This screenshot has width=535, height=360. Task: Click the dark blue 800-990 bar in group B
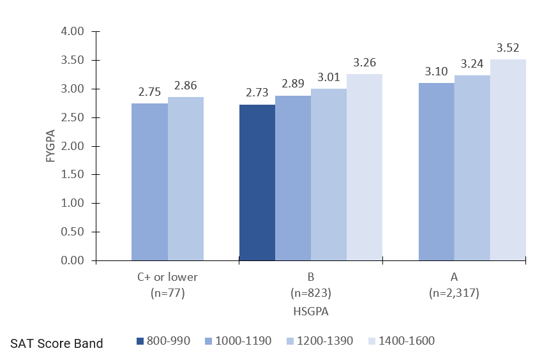coord(257,183)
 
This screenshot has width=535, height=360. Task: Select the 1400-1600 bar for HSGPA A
coord(508,160)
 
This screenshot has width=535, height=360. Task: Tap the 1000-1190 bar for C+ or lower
coord(149,182)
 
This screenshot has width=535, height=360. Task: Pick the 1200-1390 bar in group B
coord(329,174)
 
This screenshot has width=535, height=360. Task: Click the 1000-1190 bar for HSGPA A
coord(437,172)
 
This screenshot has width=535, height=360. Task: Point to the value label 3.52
coord(508,48)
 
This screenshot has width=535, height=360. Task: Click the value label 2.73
coord(257,93)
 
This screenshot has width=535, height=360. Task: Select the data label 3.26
coord(365,63)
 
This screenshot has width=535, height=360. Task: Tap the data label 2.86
coord(185,86)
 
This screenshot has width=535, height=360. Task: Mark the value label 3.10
coord(437,71)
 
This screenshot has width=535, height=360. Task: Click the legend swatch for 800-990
coord(141,341)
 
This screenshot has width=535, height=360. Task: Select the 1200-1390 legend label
coord(324,341)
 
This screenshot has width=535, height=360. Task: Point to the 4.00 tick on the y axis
coord(73,32)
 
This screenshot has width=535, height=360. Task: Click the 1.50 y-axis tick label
coord(73,175)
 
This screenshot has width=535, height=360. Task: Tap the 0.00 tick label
coord(73,260)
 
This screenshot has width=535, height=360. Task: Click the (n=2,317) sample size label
coord(455,294)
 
